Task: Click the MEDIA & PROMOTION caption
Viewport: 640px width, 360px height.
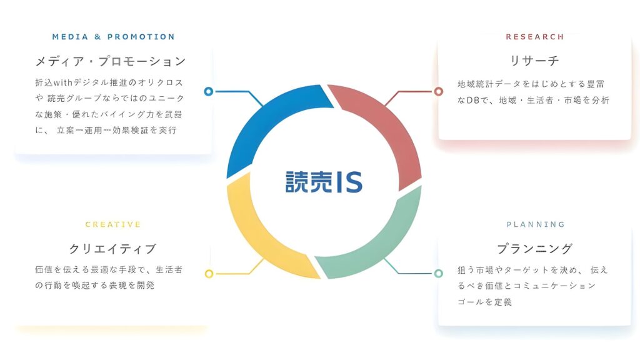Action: [x=114, y=37]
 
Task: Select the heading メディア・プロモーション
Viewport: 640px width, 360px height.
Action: [x=111, y=61]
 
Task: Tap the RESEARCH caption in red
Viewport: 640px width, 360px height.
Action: [x=534, y=37]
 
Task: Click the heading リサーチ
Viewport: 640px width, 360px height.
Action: [x=534, y=61]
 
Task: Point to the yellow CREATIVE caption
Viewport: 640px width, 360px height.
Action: [x=113, y=224]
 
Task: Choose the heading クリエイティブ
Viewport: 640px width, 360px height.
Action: [x=112, y=249]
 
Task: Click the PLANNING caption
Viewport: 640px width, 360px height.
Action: [x=535, y=224]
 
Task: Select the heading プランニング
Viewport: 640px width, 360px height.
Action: [x=534, y=249]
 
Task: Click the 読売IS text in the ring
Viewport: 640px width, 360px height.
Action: [x=323, y=181]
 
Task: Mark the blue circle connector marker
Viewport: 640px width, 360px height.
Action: [x=209, y=92]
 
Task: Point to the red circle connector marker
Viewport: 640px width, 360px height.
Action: [x=438, y=92]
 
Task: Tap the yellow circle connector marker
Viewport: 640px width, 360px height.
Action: [x=209, y=274]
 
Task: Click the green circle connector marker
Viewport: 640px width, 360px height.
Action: [x=438, y=274]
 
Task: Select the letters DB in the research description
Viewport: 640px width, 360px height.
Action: [x=474, y=100]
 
